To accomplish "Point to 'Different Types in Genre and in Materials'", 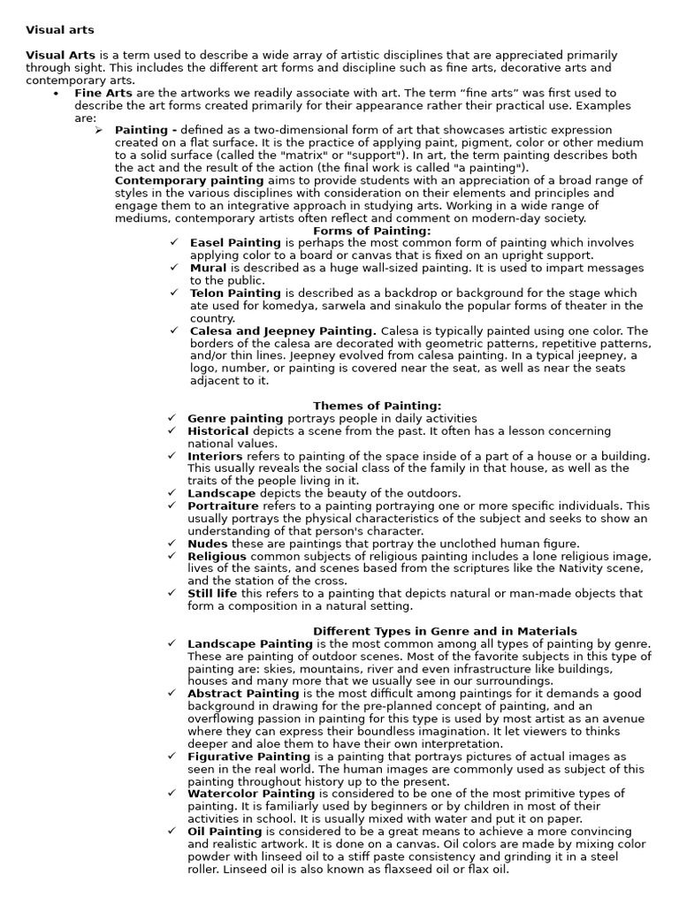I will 445,631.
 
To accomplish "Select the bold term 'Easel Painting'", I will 235,243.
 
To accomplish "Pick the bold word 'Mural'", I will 208,268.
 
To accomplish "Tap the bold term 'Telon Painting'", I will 235,293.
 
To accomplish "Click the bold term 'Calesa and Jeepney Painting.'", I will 283,331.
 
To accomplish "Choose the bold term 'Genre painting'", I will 235,418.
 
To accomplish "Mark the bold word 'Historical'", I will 217,431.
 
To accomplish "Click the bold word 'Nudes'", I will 207,544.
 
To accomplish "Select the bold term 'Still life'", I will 212,594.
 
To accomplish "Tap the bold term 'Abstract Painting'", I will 243,694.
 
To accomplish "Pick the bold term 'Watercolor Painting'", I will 251,794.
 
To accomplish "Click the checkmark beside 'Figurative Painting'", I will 172,757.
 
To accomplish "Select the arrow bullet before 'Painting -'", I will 99,130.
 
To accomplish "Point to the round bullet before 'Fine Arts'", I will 56,94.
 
